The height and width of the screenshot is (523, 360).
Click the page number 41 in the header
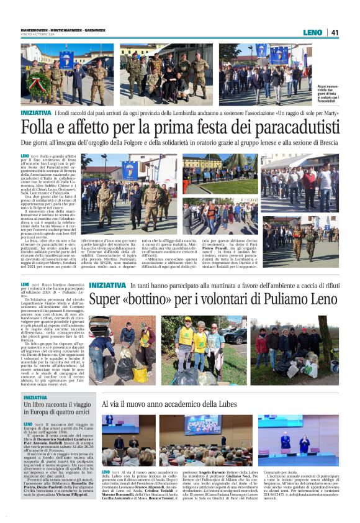(335, 32)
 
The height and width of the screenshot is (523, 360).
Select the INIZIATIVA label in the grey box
(35, 397)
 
